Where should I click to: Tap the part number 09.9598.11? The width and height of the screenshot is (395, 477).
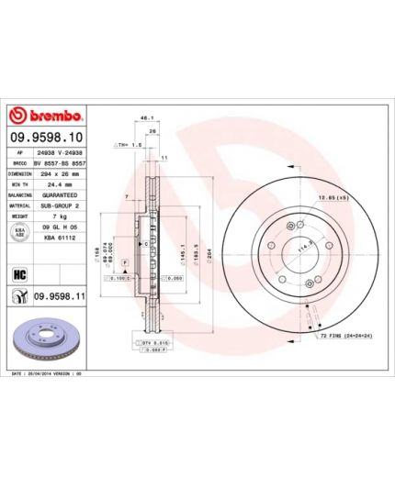tap(60, 295)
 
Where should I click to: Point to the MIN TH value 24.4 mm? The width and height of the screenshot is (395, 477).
tap(62, 183)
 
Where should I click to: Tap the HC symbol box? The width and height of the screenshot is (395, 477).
tap(18, 273)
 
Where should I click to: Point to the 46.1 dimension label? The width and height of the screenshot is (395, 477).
tap(144, 118)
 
